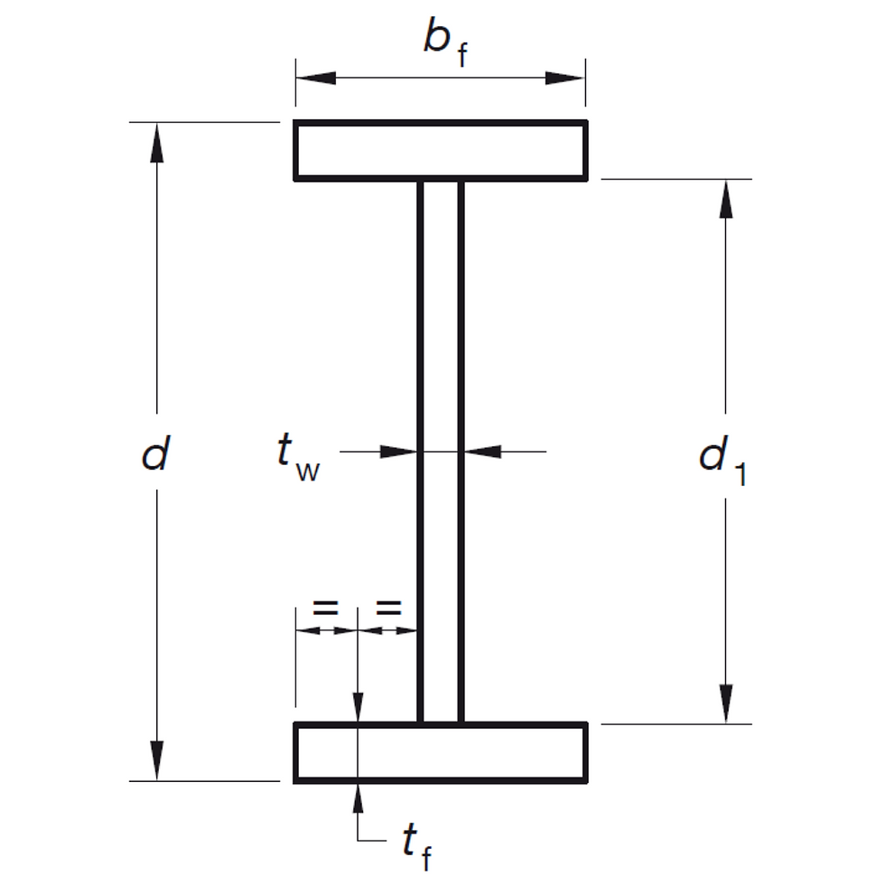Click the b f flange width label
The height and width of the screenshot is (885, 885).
(444, 43)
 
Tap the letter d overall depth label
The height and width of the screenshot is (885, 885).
(155, 454)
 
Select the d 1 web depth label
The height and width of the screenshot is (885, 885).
(722, 460)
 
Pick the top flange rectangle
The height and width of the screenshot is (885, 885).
(441, 150)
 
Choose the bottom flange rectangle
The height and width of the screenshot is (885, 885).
(441, 752)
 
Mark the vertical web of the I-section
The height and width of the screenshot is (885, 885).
(441, 452)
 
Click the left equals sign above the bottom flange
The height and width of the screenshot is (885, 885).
(326, 608)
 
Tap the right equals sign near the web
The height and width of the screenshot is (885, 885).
(388, 608)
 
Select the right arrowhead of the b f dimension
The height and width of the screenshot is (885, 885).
(566, 78)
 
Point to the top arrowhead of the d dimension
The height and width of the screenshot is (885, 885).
(157, 140)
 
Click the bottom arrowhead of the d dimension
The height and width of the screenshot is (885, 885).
(157, 760)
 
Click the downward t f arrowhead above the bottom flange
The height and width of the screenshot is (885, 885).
(359, 705)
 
